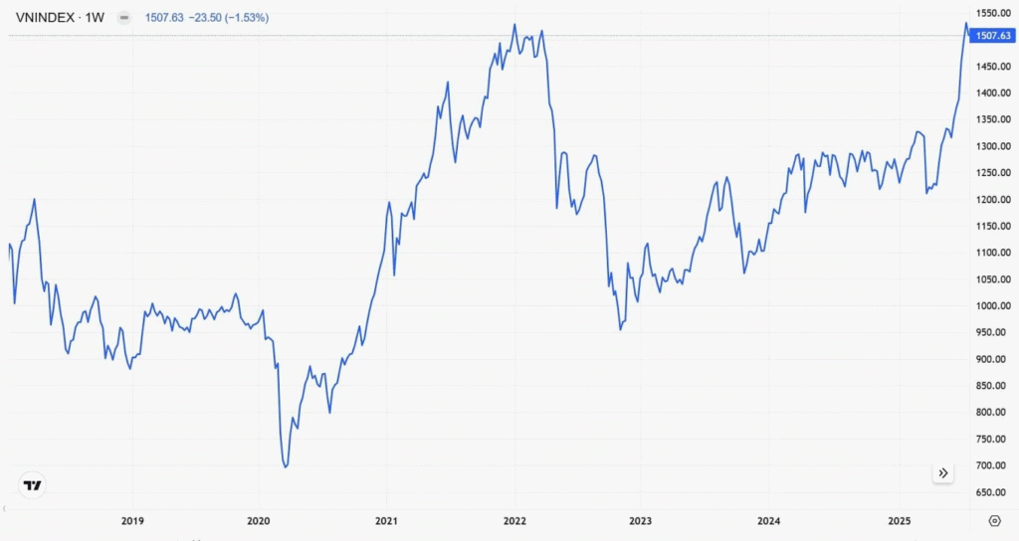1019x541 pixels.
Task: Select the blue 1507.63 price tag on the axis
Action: pos(994,36)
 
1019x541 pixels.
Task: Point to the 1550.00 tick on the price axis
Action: pos(994,13)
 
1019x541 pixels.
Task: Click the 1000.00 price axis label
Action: pos(994,305)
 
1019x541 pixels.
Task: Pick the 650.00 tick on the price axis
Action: pos(994,492)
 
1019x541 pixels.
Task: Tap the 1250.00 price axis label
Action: pos(994,173)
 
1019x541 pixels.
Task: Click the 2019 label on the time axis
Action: pos(132,520)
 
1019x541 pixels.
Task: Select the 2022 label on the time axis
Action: pos(514,520)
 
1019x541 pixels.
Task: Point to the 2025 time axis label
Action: pos(899,520)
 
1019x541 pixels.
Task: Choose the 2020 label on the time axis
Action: pos(258,520)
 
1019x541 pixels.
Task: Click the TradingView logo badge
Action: pos(33,485)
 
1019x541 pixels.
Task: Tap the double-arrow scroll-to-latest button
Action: pos(942,473)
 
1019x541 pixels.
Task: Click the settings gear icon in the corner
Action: pos(994,520)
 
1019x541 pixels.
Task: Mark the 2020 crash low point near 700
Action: pos(286,466)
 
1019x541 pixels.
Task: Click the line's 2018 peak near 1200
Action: pos(35,200)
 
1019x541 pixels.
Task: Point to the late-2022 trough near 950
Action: pos(621,329)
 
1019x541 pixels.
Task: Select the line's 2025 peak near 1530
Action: pos(966,23)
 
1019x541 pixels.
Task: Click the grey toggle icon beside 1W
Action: pos(123,18)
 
